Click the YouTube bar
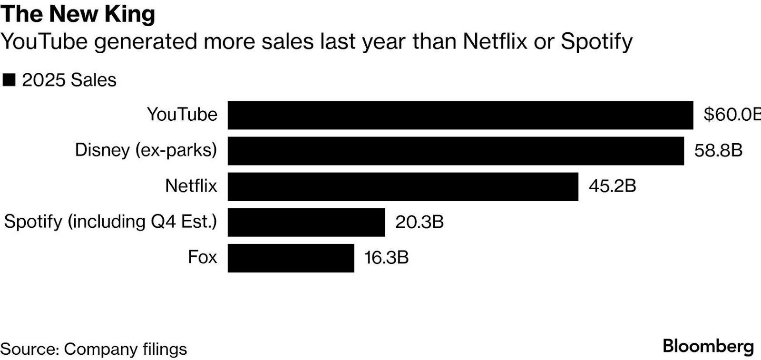coord(460,115)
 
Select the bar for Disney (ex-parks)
coord(455,151)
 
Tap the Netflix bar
coord(402,186)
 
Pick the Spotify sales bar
coord(306,222)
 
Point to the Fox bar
coord(291,258)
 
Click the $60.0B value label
coord(732,115)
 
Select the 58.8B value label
coord(718,150)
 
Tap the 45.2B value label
coord(612,186)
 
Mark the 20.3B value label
coord(419,222)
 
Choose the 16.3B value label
coord(386,257)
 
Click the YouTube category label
coord(182,115)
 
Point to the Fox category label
coord(202,257)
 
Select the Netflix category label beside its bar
coord(191,186)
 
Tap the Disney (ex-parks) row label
coord(146,150)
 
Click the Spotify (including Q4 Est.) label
coord(110,222)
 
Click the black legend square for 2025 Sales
coord(9,80)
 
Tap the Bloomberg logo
coord(708,346)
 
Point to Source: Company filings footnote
coord(94,349)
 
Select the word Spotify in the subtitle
coord(596,42)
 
